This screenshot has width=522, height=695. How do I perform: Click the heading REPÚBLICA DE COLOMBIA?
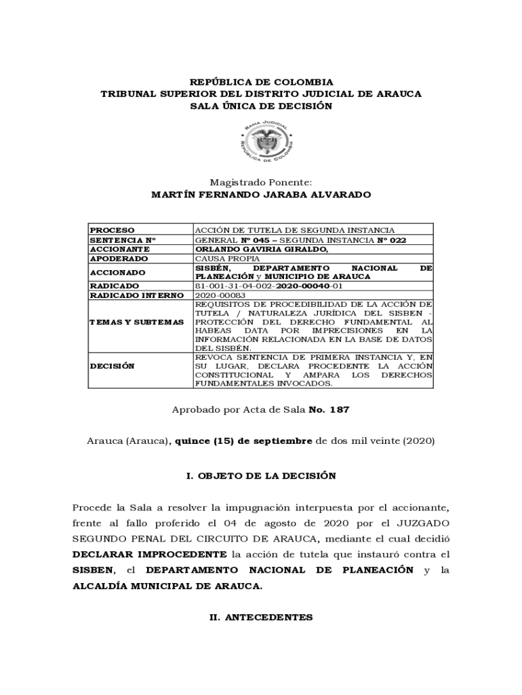click(x=261, y=82)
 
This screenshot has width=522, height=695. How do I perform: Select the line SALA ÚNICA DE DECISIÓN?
click(x=261, y=107)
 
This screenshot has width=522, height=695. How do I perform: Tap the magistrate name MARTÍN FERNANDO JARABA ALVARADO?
click(x=261, y=195)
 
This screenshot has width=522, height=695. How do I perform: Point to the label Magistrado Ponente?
click(x=261, y=182)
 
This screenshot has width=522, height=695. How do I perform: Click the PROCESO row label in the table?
click(x=113, y=231)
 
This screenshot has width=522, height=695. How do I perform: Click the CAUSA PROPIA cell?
click(x=222, y=259)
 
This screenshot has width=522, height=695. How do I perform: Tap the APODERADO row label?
click(x=119, y=259)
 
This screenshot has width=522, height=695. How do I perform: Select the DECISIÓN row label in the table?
click(x=112, y=366)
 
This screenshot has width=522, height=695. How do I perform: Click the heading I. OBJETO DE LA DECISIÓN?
click(x=261, y=476)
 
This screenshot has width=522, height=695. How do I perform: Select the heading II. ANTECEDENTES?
click(x=261, y=618)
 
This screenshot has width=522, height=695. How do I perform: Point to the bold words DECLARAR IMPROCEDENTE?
click(x=150, y=555)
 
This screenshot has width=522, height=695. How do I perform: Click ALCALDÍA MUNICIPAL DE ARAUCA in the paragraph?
click(x=167, y=586)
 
